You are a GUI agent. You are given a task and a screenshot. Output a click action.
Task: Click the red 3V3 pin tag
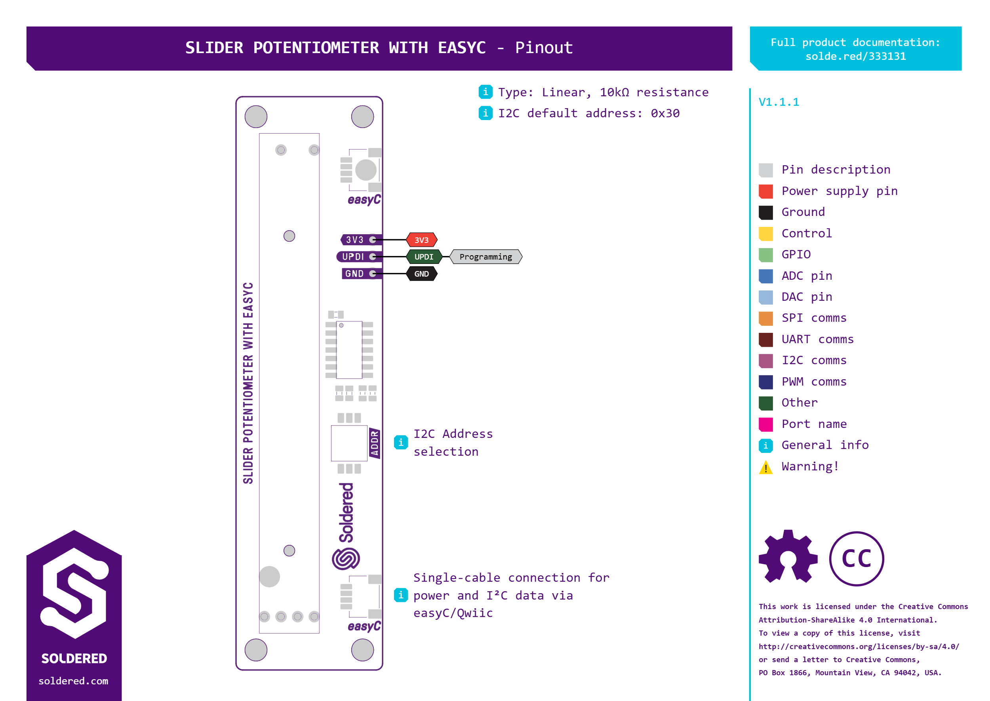pyautogui.click(x=421, y=240)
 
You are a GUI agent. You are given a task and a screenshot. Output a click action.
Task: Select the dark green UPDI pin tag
pyautogui.click(x=424, y=257)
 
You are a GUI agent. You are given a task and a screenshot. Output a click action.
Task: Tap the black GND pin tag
pyautogui.click(x=421, y=274)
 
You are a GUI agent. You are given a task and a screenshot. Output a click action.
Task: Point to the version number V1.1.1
pyautogui.click(x=779, y=102)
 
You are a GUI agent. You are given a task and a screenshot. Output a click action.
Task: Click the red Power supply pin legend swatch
pyautogui.click(x=766, y=191)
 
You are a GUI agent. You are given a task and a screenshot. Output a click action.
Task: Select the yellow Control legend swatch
pyautogui.click(x=766, y=233)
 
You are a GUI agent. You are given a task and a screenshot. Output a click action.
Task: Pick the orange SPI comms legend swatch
pyautogui.click(x=766, y=319)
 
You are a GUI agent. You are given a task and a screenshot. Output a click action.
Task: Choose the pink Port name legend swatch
pyautogui.click(x=766, y=424)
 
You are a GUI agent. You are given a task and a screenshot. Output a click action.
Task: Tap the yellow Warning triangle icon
pyautogui.click(x=766, y=468)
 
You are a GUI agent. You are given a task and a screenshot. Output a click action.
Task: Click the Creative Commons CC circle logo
pyautogui.click(x=856, y=559)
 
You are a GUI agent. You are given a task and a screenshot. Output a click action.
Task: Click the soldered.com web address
pyautogui.click(x=73, y=681)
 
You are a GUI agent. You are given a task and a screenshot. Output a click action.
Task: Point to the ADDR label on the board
pyautogui.click(x=374, y=443)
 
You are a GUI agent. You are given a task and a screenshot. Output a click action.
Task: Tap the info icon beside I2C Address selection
pyautogui.click(x=401, y=443)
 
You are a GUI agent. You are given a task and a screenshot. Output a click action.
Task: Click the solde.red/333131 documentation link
pyautogui.click(x=855, y=57)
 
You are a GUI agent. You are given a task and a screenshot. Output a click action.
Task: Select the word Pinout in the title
pyautogui.click(x=544, y=48)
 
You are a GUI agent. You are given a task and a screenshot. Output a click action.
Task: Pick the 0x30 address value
pyautogui.click(x=665, y=113)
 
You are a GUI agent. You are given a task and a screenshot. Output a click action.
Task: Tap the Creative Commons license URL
pyautogui.click(x=859, y=647)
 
